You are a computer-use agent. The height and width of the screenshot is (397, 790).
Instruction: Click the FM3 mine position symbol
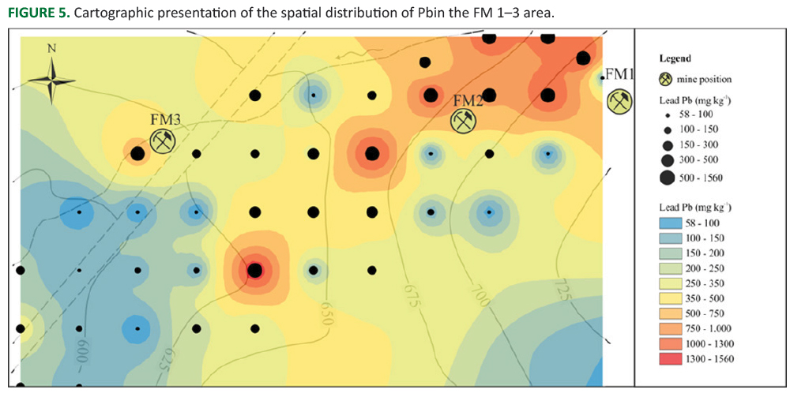pyautogui.click(x=164, y=141)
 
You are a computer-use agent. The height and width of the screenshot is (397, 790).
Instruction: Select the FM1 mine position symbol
pyautogui.click(x=619, y=101)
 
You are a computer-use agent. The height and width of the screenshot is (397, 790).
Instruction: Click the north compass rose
pyautogui.click(x=51, y=79)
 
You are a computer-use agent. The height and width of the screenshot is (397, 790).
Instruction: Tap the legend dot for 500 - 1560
pyautogui.click(x=667, y=177)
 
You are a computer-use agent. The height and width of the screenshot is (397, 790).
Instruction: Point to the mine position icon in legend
pyautogui.click(x=667, y=79)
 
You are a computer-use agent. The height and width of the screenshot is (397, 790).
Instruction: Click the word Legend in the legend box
pyautogui.click(x=675, y=58)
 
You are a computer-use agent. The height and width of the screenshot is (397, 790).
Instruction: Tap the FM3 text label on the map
pyautogui.click(x=165, y=120)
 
